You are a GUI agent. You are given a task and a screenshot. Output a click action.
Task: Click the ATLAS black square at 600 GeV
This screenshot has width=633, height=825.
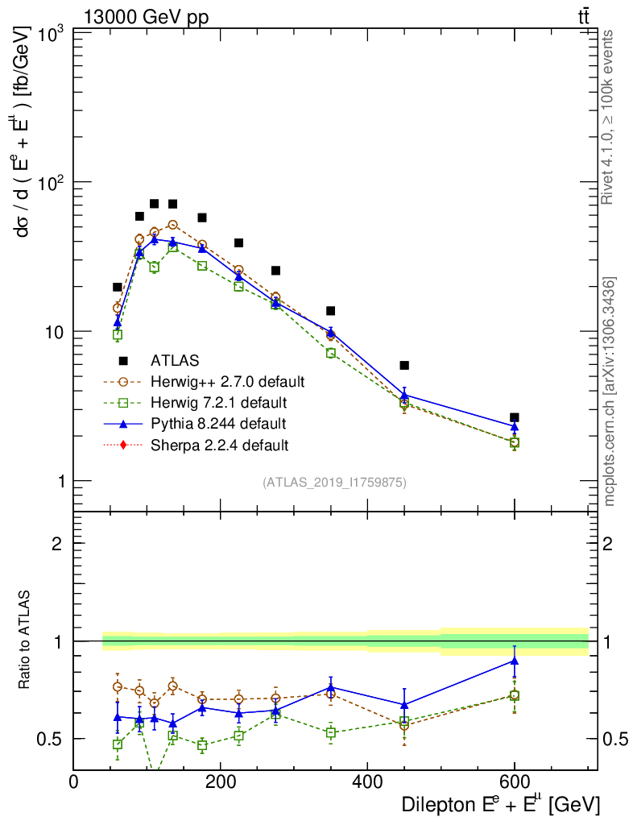(x=514, y=417)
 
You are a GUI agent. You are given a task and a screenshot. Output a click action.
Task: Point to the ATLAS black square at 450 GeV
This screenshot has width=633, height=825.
(x=404, y=366)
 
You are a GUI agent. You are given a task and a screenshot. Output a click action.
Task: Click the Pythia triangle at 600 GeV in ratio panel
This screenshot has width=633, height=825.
(x=514, y=661)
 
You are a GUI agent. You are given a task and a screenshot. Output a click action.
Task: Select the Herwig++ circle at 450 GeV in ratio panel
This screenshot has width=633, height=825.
(x=404, y=725)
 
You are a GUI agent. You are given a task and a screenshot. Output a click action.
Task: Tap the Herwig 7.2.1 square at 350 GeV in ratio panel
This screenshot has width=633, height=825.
(x=331, y=732)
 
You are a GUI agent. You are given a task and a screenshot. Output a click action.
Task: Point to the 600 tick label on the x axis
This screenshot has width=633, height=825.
(x=514, y=781)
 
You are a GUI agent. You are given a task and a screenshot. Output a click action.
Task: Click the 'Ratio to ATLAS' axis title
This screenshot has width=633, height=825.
(x=26, y=641)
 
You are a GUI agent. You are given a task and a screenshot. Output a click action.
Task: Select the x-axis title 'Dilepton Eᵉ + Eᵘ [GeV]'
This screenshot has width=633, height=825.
(x=499, y=804)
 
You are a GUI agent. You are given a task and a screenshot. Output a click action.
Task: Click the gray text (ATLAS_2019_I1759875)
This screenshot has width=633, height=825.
(x=334, y=483)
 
